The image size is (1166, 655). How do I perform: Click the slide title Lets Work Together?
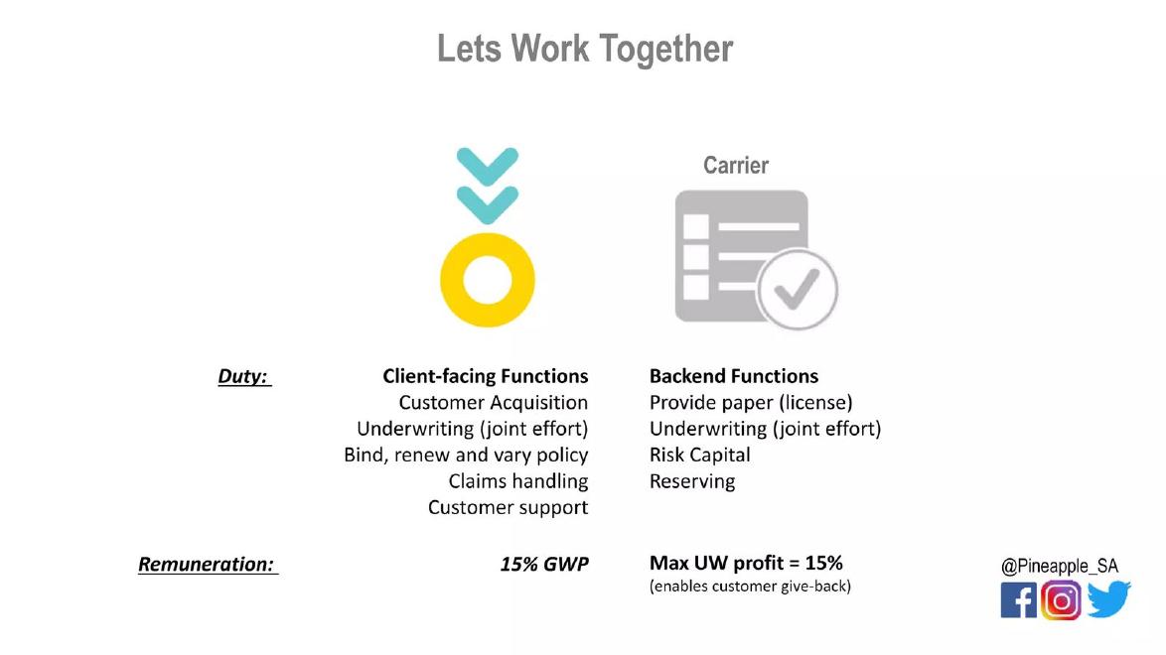click(x=584, y=50)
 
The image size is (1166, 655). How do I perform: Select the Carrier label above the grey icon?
click(x=735, y=165)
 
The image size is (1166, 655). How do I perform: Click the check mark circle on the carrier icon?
click(x=798, y=290)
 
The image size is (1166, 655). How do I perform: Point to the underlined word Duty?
click(x=244, y=376)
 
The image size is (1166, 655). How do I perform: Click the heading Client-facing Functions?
click(x=485, y=376)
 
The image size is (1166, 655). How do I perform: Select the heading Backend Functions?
click(x=733, y=376)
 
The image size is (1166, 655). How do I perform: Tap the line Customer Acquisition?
click(x=493, y=402)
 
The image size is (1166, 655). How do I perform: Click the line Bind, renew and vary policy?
click(x=466, y=455)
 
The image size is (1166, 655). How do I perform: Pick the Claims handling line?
click(x=517, y=481)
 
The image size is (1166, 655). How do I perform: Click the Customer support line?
click(x=508, y=507)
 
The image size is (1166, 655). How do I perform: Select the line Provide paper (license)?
click(x=751, y=402)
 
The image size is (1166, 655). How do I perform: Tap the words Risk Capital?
click(x=700, y=455)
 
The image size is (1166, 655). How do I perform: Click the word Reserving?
click(x=692, y=481)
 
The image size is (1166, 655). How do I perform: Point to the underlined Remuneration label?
click(x=208, y=565)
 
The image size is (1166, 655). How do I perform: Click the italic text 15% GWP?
click(x=544, y=565)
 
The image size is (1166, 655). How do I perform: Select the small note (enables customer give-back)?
click(x=750, y=586)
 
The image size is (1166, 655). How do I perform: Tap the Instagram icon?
click(x=1061, y=600)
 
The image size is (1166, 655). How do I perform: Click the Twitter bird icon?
click(x=1108, y=599)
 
